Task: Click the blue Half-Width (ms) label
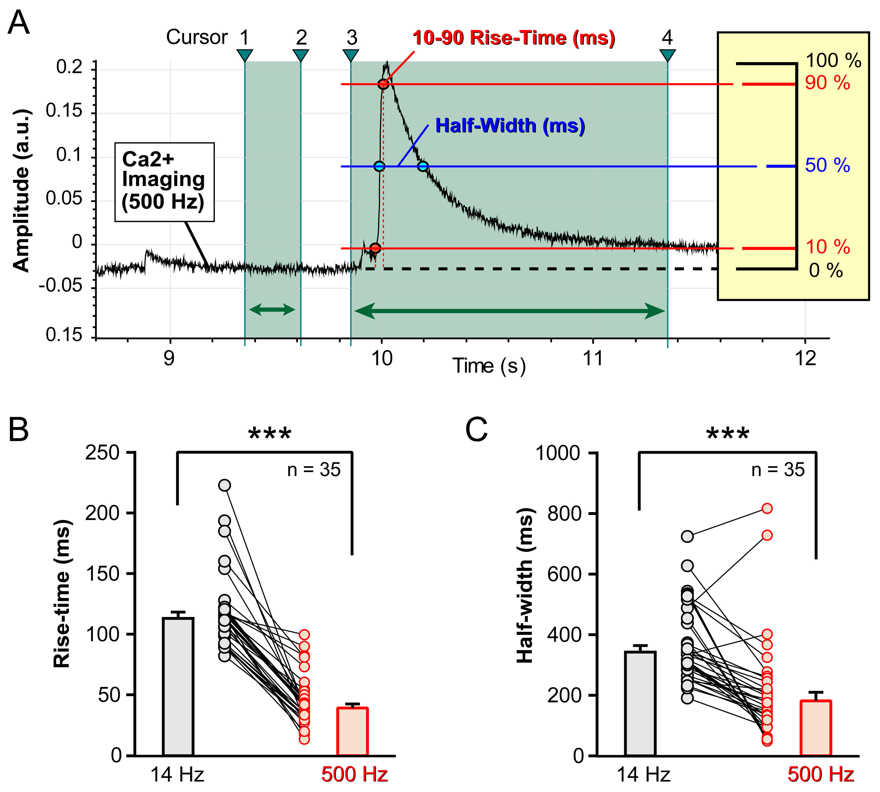click(510, 126)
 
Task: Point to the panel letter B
click(19, 430)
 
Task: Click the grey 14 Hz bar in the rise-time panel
click(178, 687)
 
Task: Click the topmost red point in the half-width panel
click(767, 508)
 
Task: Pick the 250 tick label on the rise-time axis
click(102, 453)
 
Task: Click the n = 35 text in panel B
click(313, 470)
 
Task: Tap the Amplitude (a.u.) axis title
click(21, 191)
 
